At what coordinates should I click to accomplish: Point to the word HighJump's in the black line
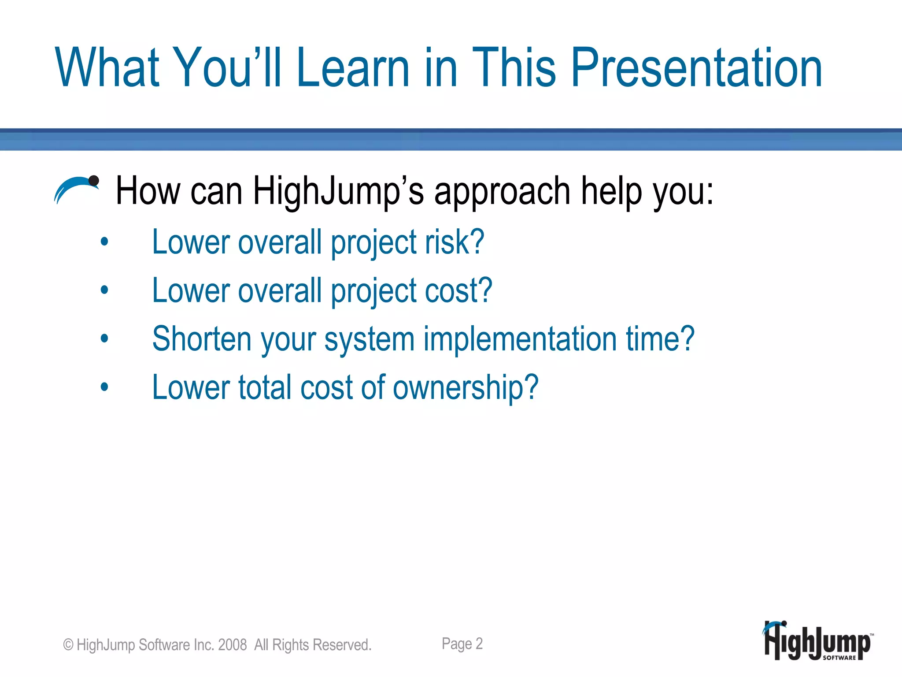[x=338, y=192]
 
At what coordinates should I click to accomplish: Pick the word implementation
[x=520, y=339]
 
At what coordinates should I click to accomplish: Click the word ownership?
[x=466, y=388]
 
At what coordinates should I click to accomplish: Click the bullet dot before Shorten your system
[x=104, y=338]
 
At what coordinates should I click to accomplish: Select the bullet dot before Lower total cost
[x=104, y=387]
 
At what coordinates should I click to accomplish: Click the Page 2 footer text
[x=462, y=644]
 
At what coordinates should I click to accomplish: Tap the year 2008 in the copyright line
[x=232, y=645]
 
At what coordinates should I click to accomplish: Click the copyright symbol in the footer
[x=68, y=645]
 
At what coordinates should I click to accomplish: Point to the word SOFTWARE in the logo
[x=839, y=658]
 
